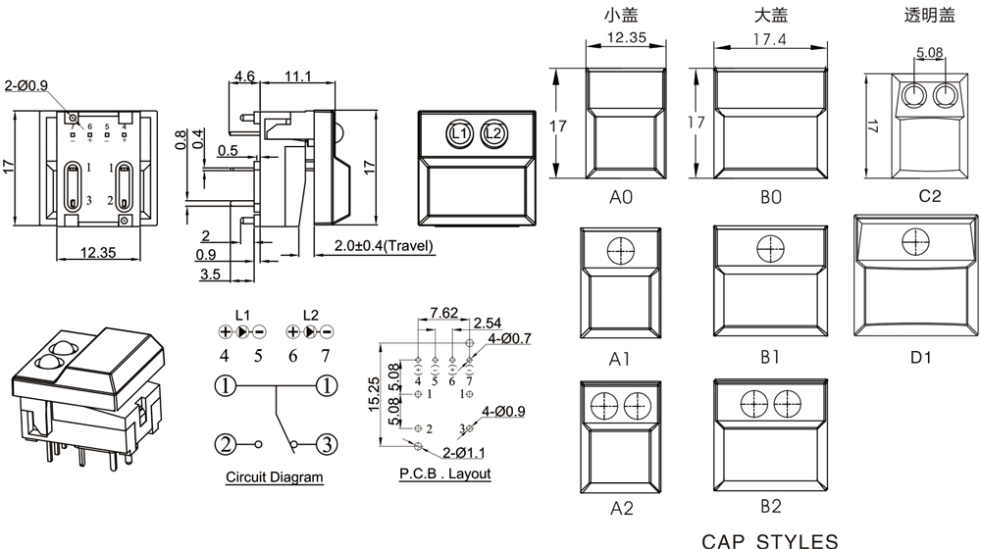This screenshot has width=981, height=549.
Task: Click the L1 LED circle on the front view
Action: click(459, 132)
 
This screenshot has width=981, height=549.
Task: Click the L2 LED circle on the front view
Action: click(493, 132)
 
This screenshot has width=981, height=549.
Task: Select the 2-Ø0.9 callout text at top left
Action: click(26, 85)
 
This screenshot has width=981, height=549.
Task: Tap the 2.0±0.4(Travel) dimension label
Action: click(385, 246)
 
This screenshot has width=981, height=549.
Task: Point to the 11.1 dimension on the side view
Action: click(298, 76)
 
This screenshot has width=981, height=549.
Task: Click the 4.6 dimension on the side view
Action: click(245, 76)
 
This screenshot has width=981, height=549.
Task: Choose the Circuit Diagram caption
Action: click(275, 477)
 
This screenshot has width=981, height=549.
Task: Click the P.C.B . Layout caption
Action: click(445, 474)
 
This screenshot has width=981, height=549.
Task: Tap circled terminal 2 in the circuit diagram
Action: click(227, 444)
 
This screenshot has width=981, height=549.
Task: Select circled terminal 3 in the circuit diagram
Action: click(327, 444)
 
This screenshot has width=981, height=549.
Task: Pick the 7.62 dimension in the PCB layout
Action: click(443, 314)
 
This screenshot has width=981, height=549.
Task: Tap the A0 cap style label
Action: click(621, 197)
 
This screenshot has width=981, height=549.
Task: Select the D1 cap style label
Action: click(920, 358)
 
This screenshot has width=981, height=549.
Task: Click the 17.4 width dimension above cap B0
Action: click(769, 39)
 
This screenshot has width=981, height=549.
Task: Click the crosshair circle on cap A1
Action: click(620, 251)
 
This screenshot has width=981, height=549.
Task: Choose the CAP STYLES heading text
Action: click(770, 540)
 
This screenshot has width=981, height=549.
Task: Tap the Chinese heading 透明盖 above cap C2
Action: click(929, 15)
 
